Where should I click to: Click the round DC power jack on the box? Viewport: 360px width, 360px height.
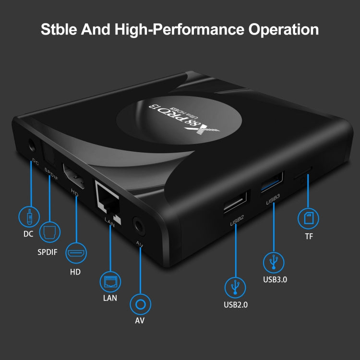(32, 145)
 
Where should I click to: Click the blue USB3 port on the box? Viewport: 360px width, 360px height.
(272, 182)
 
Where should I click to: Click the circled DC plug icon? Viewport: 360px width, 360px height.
(29, 217)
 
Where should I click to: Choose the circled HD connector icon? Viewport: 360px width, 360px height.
(75, 252)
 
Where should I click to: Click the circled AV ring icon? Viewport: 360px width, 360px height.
(140, 305)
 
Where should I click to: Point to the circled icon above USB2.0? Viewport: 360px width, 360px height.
(236, 287)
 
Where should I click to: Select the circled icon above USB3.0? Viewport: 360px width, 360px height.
(274, 262)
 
